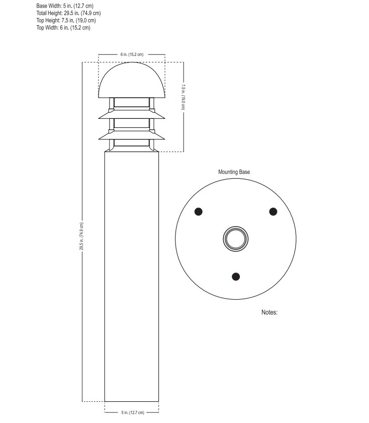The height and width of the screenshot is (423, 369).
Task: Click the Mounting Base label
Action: point(234,172)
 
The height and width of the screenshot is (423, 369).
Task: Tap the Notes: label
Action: point(269,312)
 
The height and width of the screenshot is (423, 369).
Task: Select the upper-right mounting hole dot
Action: point(273,211)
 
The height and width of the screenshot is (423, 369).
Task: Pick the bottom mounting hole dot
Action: point(236,276)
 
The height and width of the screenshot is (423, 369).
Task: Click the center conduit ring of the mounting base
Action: point(236,237)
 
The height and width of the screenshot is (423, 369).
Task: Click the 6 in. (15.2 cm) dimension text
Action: point(132,54)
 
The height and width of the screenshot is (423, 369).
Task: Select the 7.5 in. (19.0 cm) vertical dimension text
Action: point(184,96)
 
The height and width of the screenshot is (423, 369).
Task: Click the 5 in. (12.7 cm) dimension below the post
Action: point(132,413)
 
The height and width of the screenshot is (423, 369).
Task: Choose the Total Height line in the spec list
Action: point(68,13)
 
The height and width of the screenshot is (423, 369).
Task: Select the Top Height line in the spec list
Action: point(66,20)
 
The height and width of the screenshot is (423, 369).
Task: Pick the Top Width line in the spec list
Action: point(63,28)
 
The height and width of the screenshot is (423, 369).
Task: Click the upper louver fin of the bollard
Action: point(132,114)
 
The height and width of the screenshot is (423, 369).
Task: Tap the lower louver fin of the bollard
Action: point(132,134)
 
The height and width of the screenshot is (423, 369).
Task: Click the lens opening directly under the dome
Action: point(132,103)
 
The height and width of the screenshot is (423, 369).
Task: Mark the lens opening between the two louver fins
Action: point(132,123)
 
